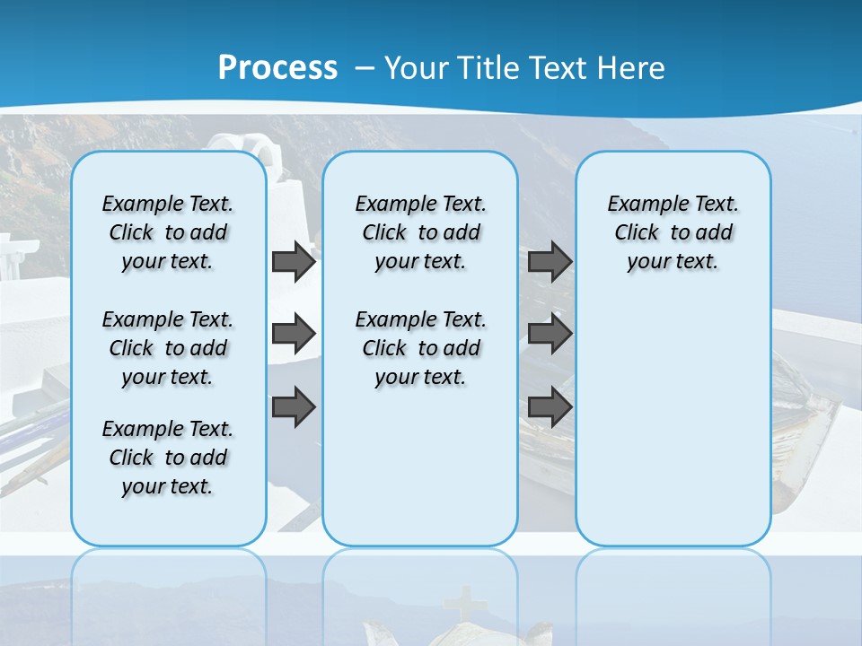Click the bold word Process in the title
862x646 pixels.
(x=277, y=68)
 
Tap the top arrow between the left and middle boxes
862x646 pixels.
(x=294, y=262)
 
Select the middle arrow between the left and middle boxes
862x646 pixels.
(x=294, y=335)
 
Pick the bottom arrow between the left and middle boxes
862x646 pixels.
(x=294, y=406)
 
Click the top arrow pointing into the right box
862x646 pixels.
(x=550, y=262)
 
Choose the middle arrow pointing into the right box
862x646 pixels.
(x=550, y=335)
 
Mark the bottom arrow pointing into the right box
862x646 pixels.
(x=550, y=406)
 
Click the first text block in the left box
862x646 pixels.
(x=168, y=232)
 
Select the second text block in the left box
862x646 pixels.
(x=168, y=348)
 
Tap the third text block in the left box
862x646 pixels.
(x=168, y=458)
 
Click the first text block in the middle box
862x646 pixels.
(x=420, y=232)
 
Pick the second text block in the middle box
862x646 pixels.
(x=420, y=348)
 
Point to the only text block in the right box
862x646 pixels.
(x=673, y=232)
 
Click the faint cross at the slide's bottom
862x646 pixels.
(x=463, y=603)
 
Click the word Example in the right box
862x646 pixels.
(x=640, y=205)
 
